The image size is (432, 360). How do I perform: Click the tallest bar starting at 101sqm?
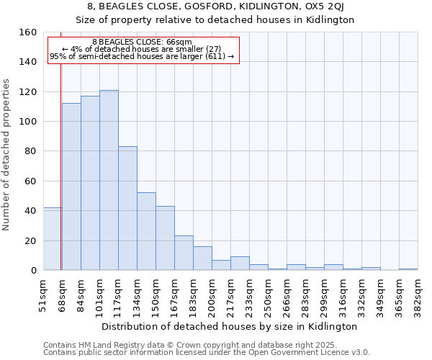(109, 180)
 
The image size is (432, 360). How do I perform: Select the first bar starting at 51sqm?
(53, 238)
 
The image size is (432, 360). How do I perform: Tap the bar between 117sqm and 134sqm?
(127, 208)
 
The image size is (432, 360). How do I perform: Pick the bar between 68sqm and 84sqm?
(71, 186)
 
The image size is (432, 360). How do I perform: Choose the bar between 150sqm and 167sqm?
(165, 238)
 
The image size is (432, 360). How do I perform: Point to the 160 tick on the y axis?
(29, 32)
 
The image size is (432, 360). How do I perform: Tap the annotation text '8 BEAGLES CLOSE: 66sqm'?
(142, 42)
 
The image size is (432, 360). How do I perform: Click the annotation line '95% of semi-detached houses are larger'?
(142, 55)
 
